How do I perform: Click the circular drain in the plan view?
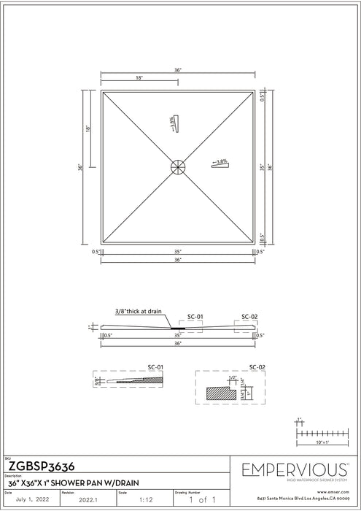(x=178, y=166)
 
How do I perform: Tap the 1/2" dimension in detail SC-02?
(x=232, y=378)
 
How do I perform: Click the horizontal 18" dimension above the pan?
(x=139, y=77)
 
